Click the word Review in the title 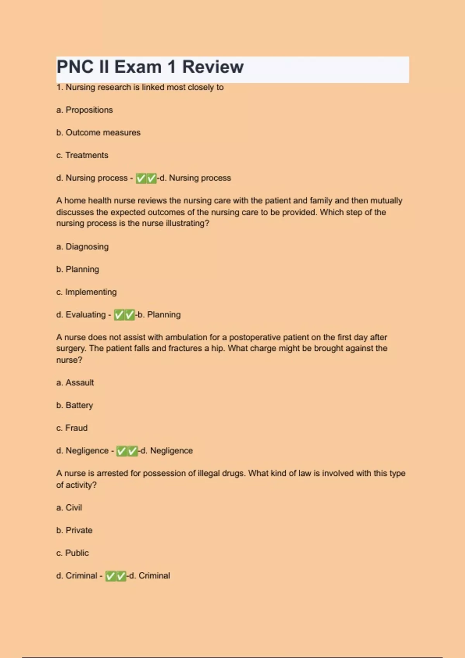click(213, 67)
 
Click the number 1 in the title click(172, 67)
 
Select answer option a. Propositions click(84, 110)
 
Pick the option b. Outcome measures click(98, 132)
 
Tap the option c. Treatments click(82, 155)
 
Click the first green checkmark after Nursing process click(141, 178)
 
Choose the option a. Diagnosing click(83, 247)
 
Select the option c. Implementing click(86, 292)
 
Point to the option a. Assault click(75, 382)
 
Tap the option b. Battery click(75, 405)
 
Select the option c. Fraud click(72, 428)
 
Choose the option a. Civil click(69, 507)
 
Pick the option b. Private click(74, 530)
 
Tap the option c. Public click(72, 553)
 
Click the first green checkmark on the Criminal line click(110, 576)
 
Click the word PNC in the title click(75, 67)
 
